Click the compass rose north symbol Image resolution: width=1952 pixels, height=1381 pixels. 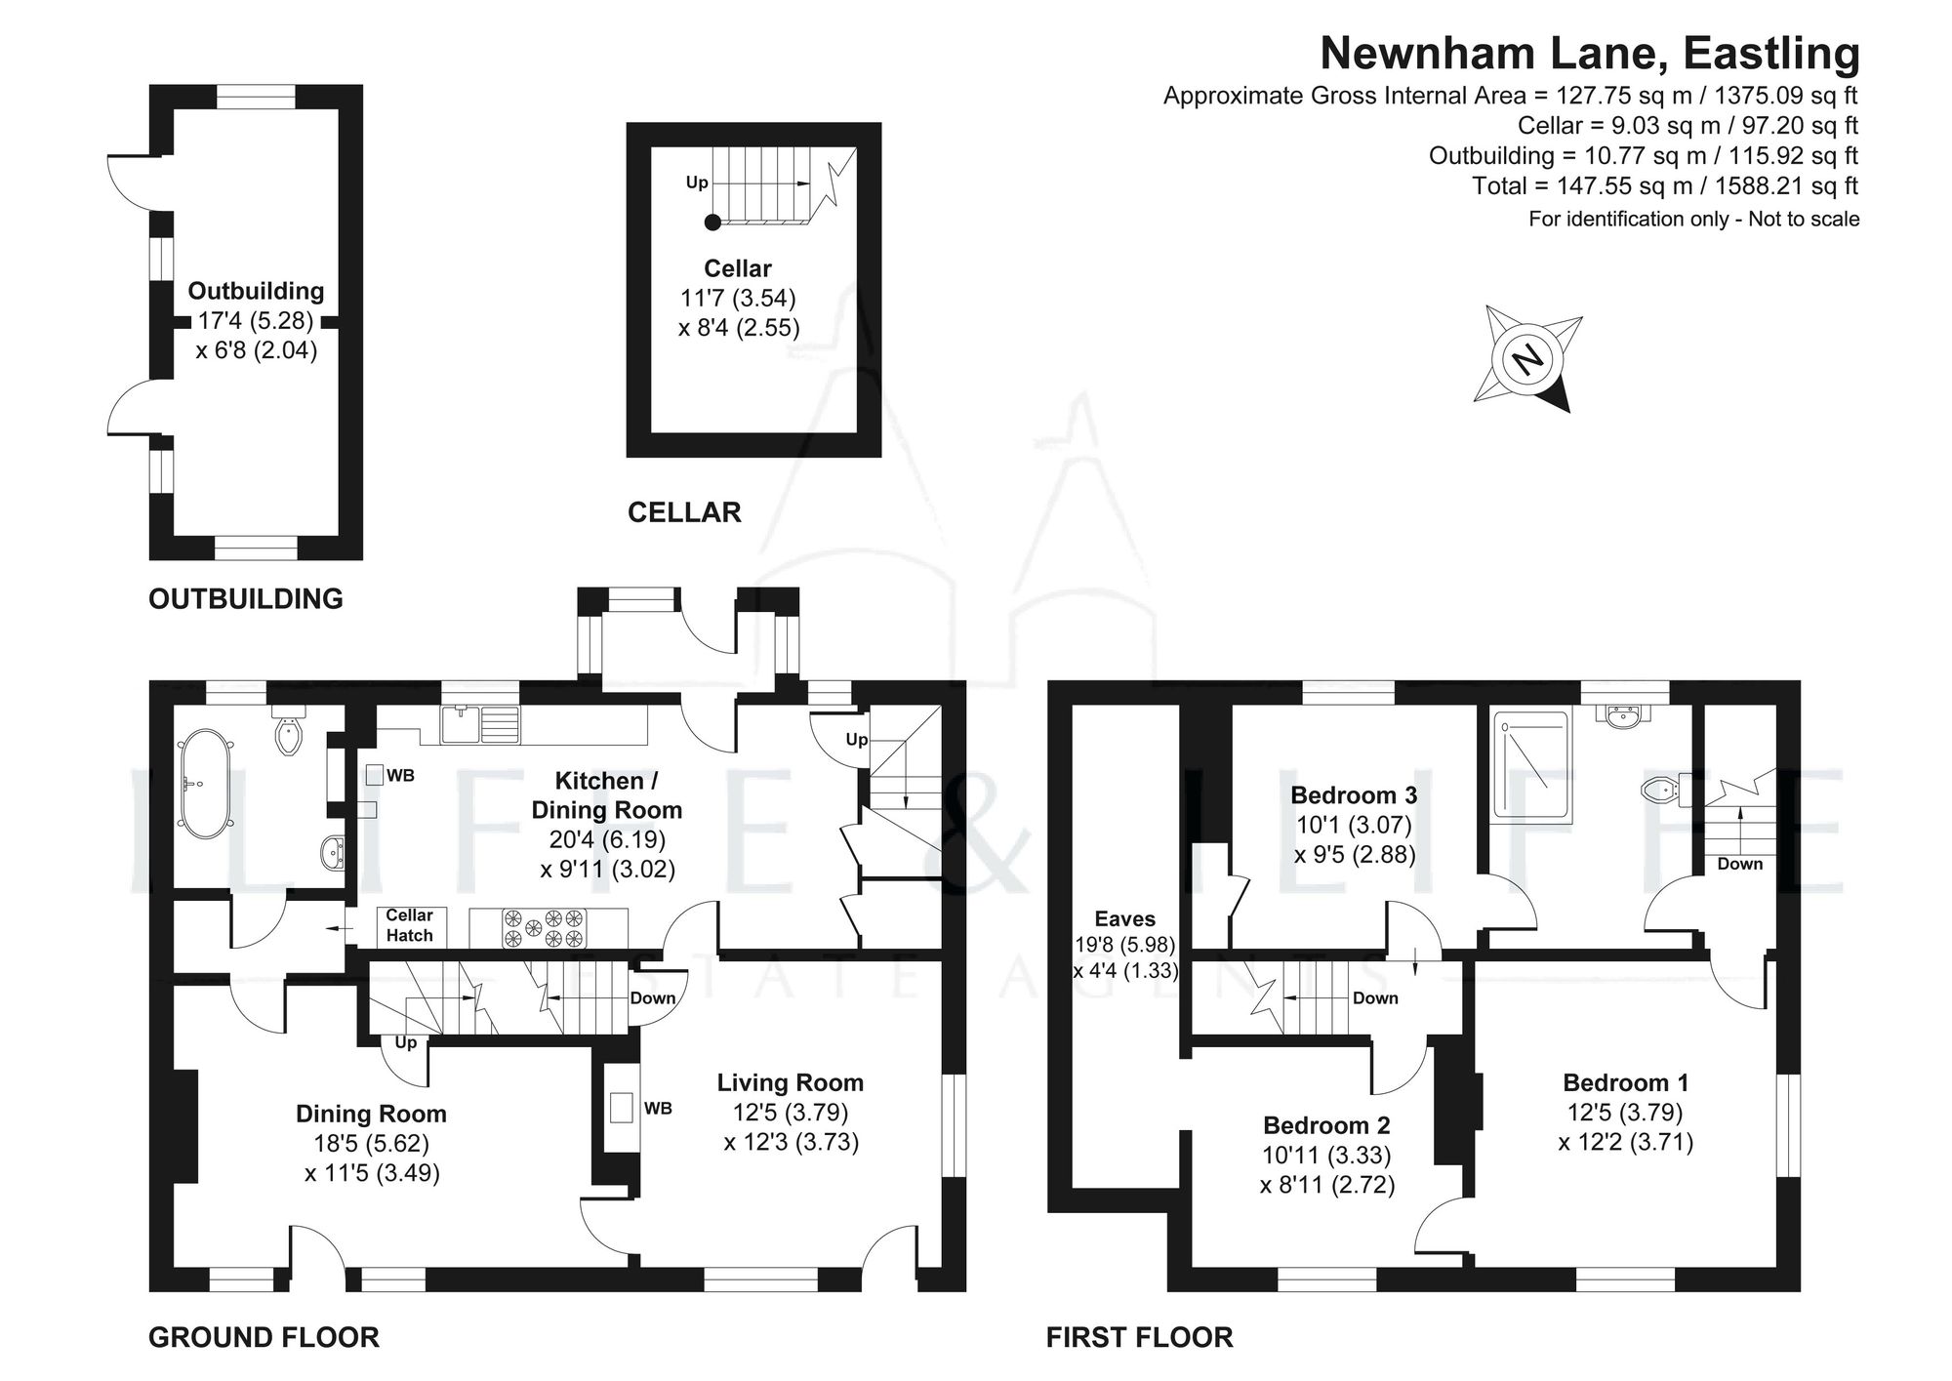(1528, 358)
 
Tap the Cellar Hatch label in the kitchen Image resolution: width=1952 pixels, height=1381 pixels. (409, 925)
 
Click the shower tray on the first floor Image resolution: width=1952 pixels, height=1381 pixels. (1531, 766)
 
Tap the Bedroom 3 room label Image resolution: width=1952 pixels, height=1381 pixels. (1354, 794)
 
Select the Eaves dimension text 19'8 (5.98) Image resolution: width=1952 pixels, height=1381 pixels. (1125, 945)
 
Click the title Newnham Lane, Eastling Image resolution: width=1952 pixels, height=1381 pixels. (1589, 53)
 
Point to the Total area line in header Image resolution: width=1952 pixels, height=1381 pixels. (1664, 185)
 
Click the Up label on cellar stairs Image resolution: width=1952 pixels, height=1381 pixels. (697, 183)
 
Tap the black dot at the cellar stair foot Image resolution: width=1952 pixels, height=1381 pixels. (712, 223)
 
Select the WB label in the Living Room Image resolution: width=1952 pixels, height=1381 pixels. (658, 1109)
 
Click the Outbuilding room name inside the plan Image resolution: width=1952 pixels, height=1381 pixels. (256, 291)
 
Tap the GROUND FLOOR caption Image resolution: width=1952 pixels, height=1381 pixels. (264, 1337)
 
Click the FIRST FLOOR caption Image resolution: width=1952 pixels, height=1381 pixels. (1139, 1337)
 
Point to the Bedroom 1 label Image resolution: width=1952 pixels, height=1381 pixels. (1625, 1082)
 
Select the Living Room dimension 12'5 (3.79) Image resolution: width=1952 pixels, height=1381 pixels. (791, 1112)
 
